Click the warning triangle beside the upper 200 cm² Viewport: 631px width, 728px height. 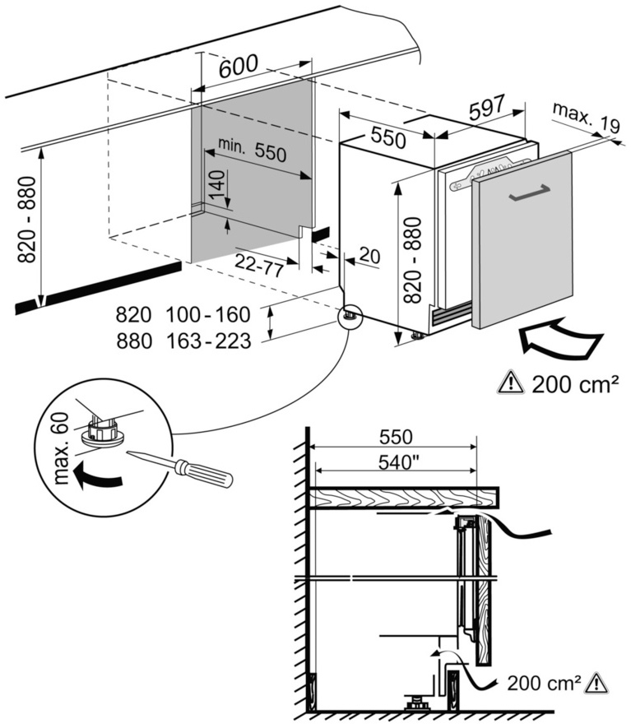pos(510,383)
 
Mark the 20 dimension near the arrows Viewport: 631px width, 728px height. pos(369,257)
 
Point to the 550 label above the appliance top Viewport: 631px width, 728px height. pos(387,138)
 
